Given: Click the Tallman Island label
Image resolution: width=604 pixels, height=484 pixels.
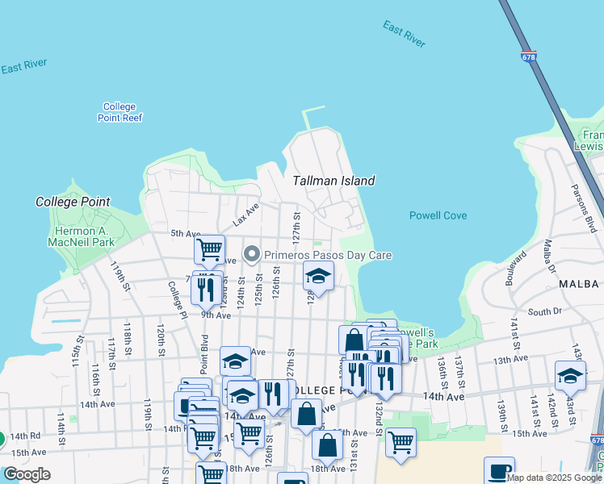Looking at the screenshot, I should coord(333,181).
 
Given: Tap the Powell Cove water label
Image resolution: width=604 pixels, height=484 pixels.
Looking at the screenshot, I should coord(438,215).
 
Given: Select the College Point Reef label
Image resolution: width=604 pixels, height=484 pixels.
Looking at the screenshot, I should coord(120,112).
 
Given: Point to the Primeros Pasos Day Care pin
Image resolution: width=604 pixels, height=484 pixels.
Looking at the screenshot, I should coord(252,255).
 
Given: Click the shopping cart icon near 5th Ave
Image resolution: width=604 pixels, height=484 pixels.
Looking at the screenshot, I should coord(209,249).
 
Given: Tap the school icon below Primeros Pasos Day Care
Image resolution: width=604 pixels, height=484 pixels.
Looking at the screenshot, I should coord(318,277).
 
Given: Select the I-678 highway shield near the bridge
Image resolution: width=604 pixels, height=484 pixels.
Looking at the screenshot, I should coord(529,57).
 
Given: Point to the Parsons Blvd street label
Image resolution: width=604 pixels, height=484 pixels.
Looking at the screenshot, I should coord(590,212).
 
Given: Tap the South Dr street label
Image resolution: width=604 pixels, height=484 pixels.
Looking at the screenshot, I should coord(543,311).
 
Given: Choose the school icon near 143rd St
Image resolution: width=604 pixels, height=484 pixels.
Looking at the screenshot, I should coord(570,376).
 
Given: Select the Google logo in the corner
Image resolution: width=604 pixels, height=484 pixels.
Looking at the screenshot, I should coord(27,474).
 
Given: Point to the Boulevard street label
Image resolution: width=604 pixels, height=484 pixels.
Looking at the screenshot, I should coord(511,272).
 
